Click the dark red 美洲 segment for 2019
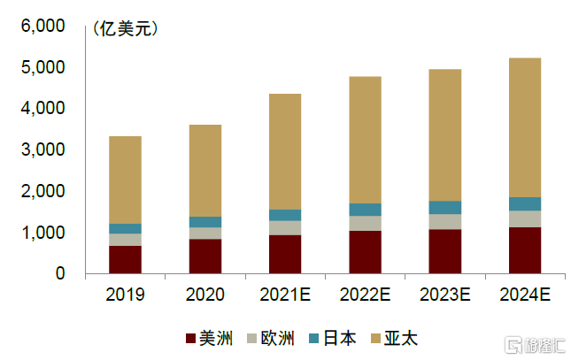pyautogui.click(x=125, y=260)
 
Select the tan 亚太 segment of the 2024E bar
pyautogui.click(x=525, y=127)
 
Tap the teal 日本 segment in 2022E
pyautogui.click(x=365, y=210)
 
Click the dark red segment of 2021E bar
pyautogui.click(x=285, y=255)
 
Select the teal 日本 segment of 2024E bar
pyautogui.click(x=525, y=204)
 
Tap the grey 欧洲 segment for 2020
pyautogui.click(x=205, y=234)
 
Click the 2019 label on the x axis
pyautogui.click(x=125, y=295)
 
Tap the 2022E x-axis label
pyautogui.click(x=365, y=295)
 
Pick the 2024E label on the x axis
pyautogui.click(x=525, y=295)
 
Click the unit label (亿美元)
pyautogui.click(x=124, y=29)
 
